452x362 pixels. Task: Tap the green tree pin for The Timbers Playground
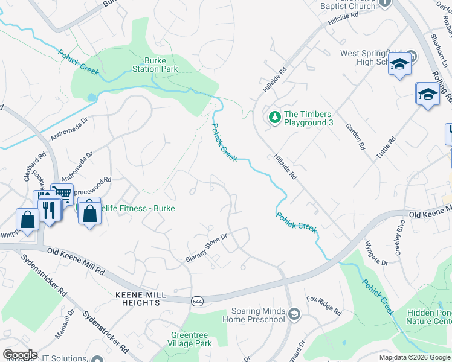pyautogui.click(x=275, y=116)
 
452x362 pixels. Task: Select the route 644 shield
pyautogui.click(x=196, y=301)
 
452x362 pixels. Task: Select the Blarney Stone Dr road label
pyautogui.click(x=205, y=248)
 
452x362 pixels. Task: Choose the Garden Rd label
pyautogui.click(x=356, y=136)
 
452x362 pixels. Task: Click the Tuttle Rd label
pyautogui.click(x=385, y=148)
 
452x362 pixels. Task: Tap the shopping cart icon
pyautogui.click(x=62, y=194)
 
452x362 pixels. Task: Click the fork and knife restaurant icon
pyautogui.click(x=48, y=209)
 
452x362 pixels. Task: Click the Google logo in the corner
pyautogui.click(x=20, y=354)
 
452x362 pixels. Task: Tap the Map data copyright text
pyautogui.click(x=414, y=357)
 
